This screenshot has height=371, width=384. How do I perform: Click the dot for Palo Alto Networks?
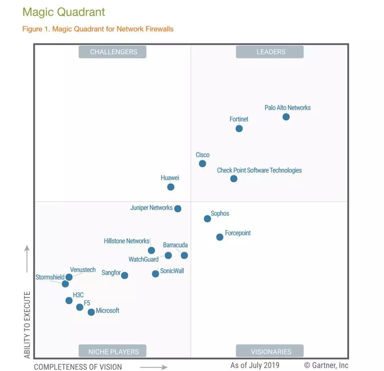[x=286, y=117]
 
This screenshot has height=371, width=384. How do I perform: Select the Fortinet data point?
[x=239, y=128]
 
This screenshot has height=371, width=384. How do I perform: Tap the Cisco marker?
[x=202, y=164]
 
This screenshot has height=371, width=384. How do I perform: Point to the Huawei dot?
[x=171, y=187]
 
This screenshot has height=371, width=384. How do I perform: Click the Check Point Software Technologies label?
[x=259, y=170]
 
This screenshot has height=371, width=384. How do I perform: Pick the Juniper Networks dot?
[x=177, y=208]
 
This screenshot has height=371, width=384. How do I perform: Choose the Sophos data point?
[x=207, y=218]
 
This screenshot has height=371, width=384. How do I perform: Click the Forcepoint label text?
[x=238, y=233]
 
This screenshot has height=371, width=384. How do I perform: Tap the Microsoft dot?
[x=91, y=312]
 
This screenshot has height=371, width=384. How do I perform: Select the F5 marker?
[x=80, y=307]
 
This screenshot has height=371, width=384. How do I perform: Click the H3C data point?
[x=69, y=301]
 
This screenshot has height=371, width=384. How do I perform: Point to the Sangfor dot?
[x=124, y=275]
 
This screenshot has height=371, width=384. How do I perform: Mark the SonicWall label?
[x=172, y=271]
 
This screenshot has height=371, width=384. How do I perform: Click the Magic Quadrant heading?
[x=64, y=12]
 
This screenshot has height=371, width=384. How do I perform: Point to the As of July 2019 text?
[x=255, y=365]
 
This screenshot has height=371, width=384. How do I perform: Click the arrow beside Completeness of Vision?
[x=154, y=367]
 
